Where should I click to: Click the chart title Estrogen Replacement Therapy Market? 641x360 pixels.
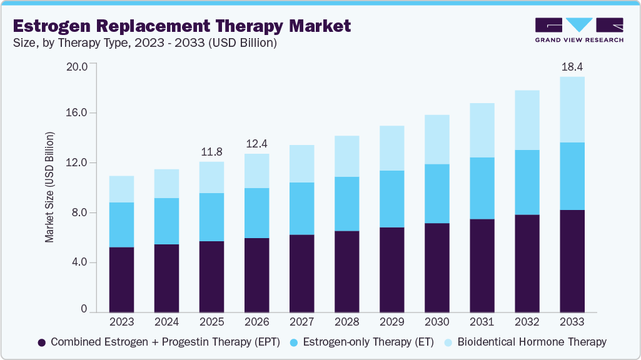pyautogui.click(x=181, y=26)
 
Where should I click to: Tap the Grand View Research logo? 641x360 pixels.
pyautogui.click(x=578, y=30)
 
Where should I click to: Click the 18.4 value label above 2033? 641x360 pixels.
pyautogui.click(x=572, y=66)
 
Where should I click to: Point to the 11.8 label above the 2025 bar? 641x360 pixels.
pyautogui.click(x=211, y=152)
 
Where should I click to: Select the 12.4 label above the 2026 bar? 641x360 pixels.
pyautogui.click(x=256, y=143)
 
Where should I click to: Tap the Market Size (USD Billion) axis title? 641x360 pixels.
pyautogui.click(x=49, y=187)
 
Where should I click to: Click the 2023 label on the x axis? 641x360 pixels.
pyautogui.click(x=121, y=322)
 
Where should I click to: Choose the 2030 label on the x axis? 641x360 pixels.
pyautogui.click(x=437, y=322)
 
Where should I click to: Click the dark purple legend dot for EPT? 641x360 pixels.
pyautogui.click(x=42, y=342)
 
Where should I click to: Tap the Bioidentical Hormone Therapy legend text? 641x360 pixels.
pyautogui.click(x=532, y=342)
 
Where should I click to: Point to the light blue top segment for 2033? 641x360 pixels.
pyautogui.click(x=572, y=109)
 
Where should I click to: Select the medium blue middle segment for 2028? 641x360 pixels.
pyautogui.click(x=346, y=204)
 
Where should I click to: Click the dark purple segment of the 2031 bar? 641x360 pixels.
pyautogui.click(x=482, y=265)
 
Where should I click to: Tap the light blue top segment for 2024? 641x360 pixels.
pyautogui.click(x=166, y=184)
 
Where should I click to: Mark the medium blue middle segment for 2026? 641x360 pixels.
pyautogui.click(x=256, y=213)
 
